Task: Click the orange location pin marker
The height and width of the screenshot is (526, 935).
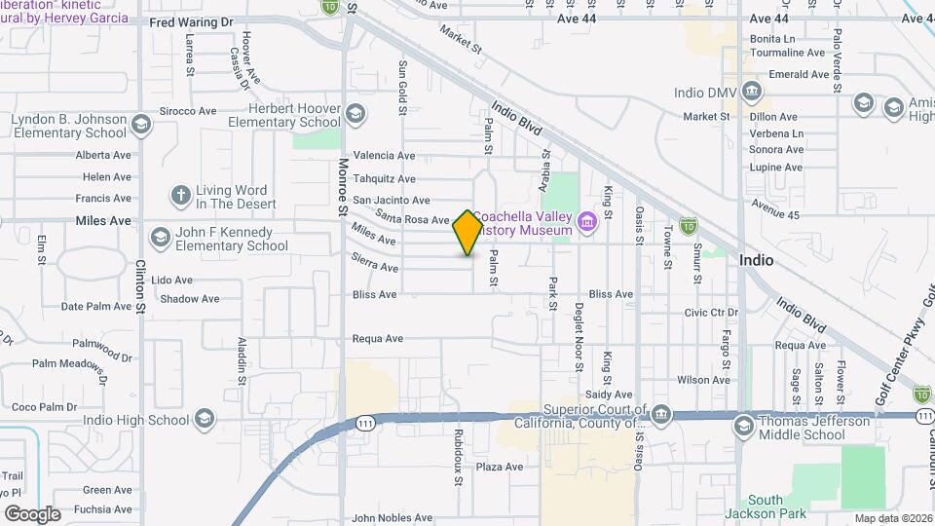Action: click(467, 232)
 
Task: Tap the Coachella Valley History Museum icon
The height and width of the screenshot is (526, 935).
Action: click(587, 223)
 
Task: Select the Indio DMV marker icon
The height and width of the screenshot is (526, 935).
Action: click(752, 93)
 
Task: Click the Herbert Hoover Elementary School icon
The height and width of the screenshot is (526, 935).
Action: click(355, 115)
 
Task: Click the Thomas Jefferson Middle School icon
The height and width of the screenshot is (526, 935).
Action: click(744, 427)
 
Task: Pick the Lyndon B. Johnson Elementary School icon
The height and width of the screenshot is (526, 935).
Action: click(142, 126)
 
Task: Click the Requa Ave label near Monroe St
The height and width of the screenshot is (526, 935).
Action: click(377, 339)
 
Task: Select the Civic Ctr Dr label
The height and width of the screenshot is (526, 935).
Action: click(711, 313)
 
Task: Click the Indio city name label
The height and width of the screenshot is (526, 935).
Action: click(756, 260)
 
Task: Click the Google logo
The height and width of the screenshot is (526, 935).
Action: click(32, 513)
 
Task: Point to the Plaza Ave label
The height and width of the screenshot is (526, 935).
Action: click(500, 467)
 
